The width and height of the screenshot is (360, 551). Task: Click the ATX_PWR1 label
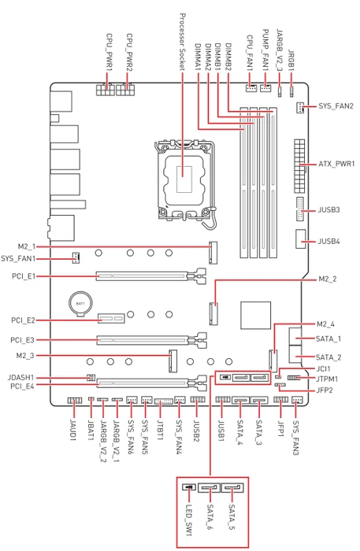pos(336,164)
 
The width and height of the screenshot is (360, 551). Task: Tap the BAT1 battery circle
pos(80,302)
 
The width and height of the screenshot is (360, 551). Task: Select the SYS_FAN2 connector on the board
pos(300,108)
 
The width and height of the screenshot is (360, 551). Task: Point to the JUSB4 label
pos(328,242)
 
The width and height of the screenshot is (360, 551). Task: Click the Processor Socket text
pos(182,42)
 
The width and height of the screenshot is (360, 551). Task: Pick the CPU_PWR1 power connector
pos(105,90)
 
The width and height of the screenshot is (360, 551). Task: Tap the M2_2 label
pos(327,279)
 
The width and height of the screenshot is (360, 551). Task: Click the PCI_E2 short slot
pos(111,318)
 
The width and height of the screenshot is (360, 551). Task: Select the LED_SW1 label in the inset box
pos(189,520)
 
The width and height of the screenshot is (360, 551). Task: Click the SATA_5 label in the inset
pos(232,517)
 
